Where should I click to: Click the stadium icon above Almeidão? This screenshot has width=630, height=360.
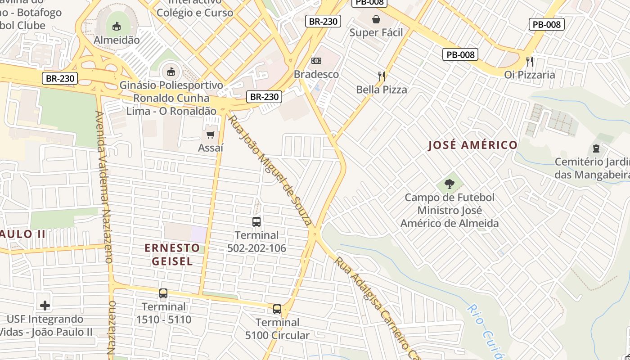pos(117,26)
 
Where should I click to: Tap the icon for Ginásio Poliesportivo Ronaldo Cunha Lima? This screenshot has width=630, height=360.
pos(171,72)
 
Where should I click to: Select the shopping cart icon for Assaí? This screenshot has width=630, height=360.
pos(210,135)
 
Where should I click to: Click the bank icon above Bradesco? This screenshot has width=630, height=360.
pos(316,61)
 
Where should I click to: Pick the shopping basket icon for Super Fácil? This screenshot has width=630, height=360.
pos(376,19)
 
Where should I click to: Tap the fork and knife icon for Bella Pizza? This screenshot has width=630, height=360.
pos(382,76)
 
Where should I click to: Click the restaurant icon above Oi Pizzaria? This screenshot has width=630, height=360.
pos(530,61)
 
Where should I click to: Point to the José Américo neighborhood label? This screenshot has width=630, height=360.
pos(472,145)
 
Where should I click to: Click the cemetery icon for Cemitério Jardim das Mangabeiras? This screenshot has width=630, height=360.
pos(596,148)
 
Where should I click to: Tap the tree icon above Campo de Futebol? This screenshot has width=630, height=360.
pos(449,184)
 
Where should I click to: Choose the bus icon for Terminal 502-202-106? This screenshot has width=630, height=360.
pos(256,221)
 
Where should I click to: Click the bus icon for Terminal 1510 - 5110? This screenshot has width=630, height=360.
pos(163,293)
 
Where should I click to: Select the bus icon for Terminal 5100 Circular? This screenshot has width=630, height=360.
pos(277,309)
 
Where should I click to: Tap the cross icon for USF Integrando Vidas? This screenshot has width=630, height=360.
pos(45,306)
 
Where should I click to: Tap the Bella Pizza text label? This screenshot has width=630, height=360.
pos(382,90)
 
